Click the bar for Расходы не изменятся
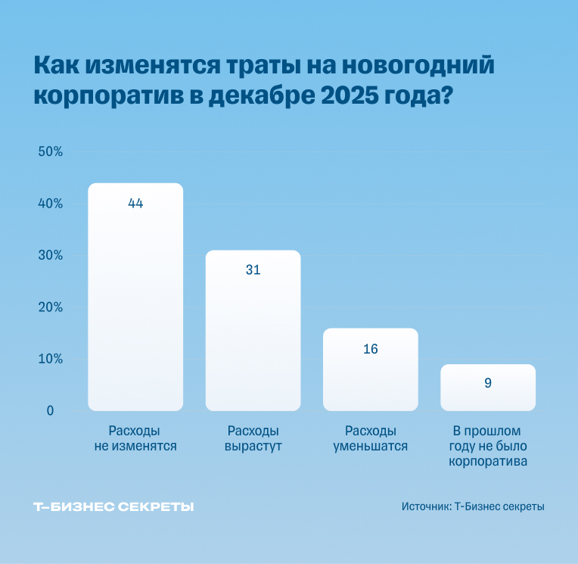tap(135, 303)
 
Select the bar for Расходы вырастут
tap(253, 333)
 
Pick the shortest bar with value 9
tap(488, 388)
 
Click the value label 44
tap(135, 204)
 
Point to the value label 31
tap(253, 270)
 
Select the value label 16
tap(370, 349)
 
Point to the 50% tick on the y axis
tap(50, 151)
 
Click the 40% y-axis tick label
tap(50, 204)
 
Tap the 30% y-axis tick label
tap(50, 255)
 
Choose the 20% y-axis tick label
tap(50, 307)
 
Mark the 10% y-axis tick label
tap(50, 359)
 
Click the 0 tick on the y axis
tap(50, 411)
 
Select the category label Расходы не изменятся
tap(135, 438)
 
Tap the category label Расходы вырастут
tap(253, 438)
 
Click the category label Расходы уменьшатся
tap(370, 438)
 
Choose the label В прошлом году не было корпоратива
tap(488, 446)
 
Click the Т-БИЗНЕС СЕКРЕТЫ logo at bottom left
tap(113, 506)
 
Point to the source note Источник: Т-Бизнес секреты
tap(473, 506)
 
